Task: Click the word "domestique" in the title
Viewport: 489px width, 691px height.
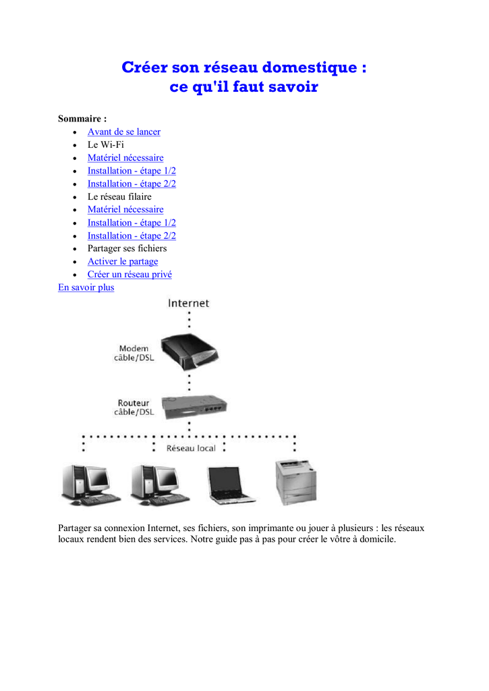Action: coord(310,67)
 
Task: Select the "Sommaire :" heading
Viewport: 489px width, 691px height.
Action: coord(82,119)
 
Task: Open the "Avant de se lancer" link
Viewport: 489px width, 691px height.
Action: coord(123,132)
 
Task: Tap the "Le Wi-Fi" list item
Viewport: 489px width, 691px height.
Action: coord(105,144)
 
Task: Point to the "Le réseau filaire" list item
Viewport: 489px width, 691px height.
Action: coord(119,196)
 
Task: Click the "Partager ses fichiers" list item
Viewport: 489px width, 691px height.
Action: coord(127,248)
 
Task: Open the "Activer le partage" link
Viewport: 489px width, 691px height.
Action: coord(123,261)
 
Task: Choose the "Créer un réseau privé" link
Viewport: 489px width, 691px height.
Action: coord(130,275)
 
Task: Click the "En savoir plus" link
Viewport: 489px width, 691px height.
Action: coord(86,287)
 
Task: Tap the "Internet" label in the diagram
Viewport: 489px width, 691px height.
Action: coord(188,303)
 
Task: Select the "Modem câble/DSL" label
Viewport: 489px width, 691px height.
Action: coord(134,353)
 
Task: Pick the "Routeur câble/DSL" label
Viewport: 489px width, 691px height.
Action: coord(134,408)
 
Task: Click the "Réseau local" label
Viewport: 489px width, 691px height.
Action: coord(191,449)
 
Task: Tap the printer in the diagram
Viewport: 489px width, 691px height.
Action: coord(295,481)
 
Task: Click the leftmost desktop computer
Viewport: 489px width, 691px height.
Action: coord(89,484)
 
